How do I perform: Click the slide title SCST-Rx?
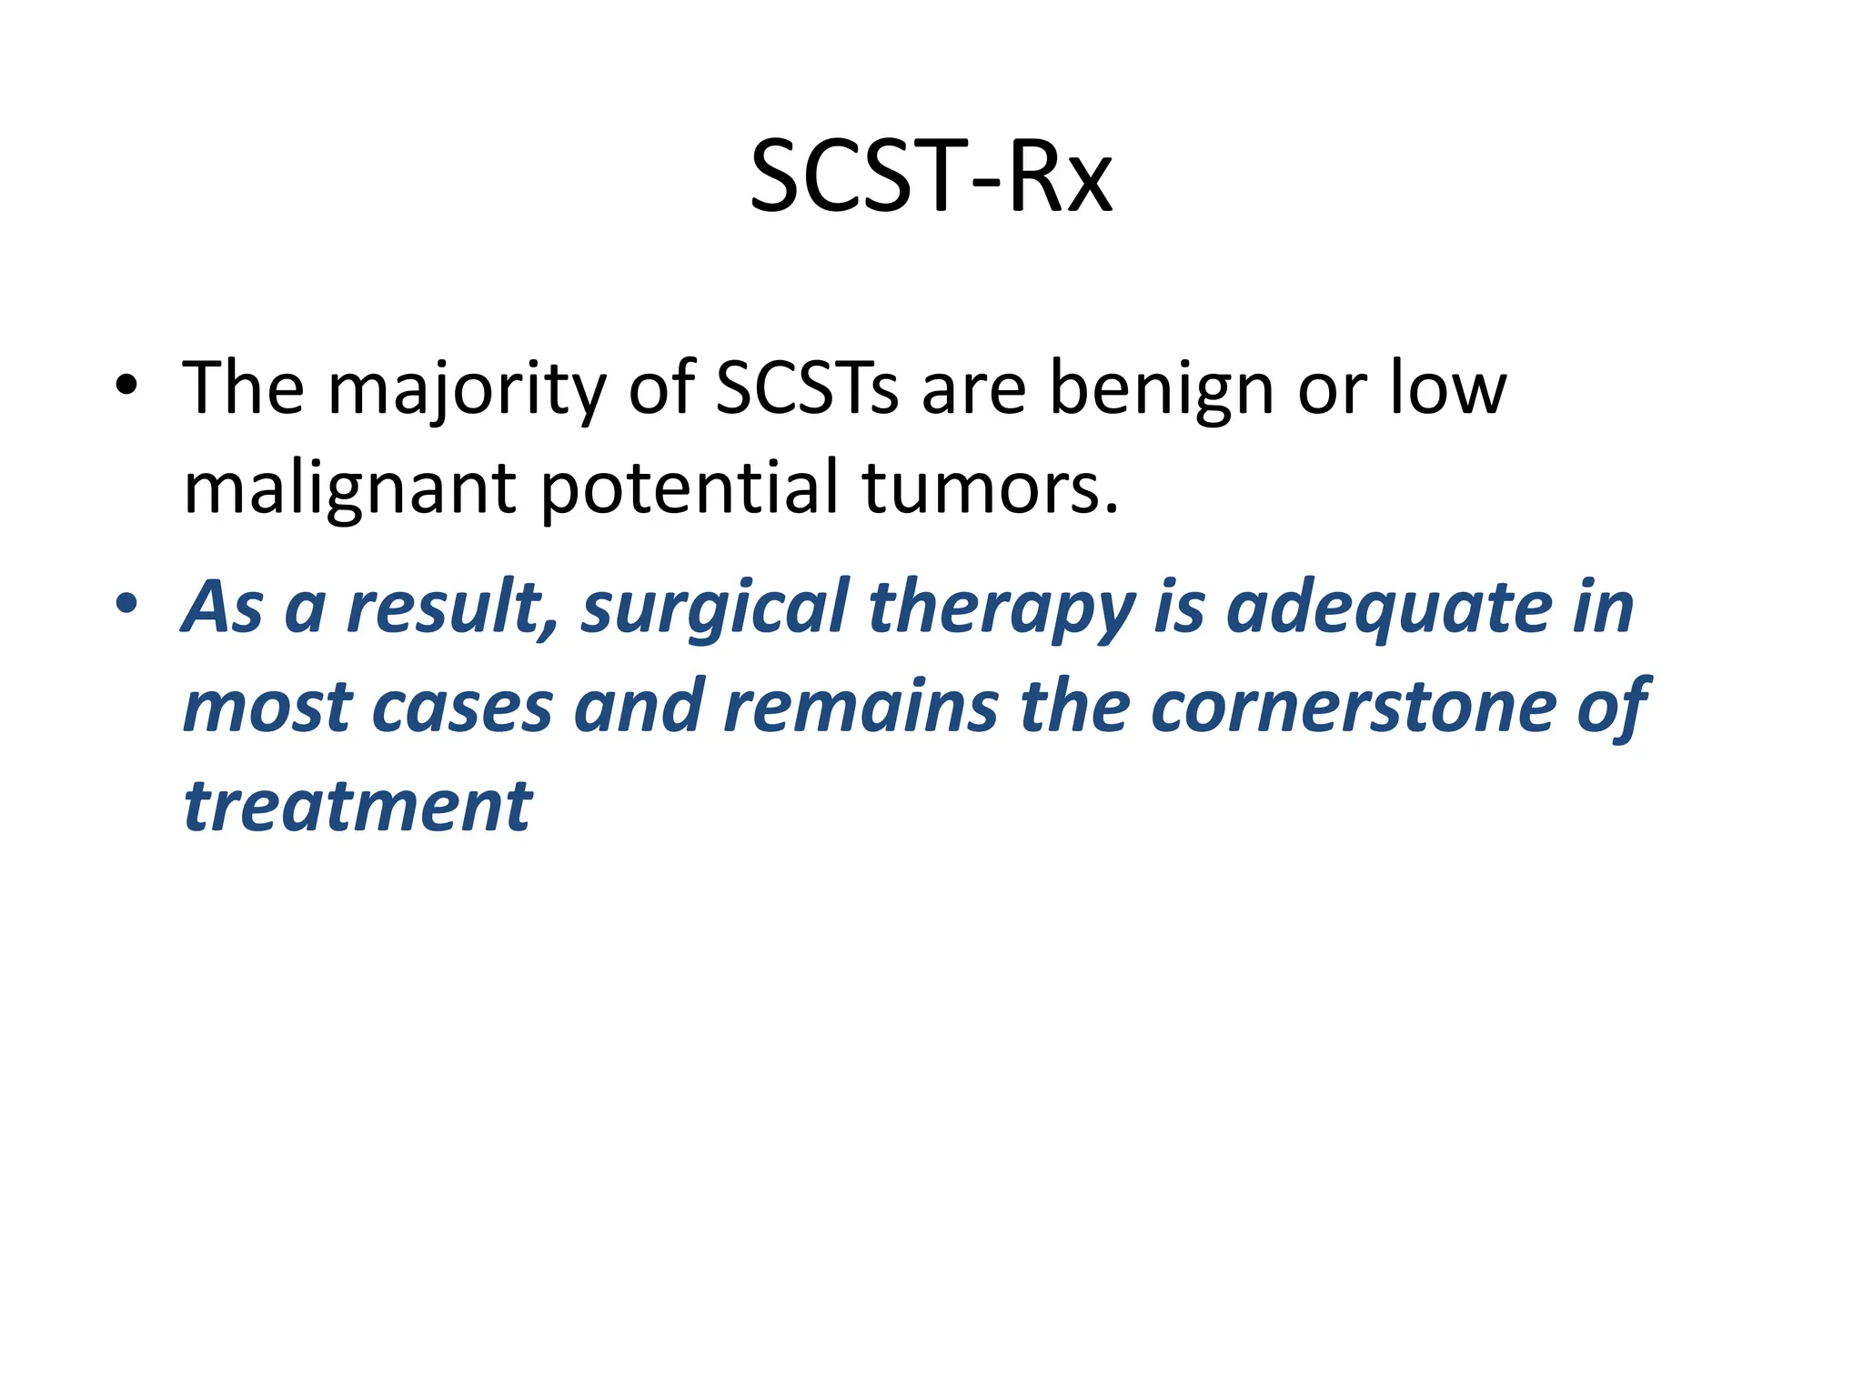point(931,176)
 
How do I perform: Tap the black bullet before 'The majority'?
point(126,386)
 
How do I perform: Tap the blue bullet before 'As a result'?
point(126,604)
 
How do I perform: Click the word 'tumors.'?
point(990,489)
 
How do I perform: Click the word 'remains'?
point(860,708)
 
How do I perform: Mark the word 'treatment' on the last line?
point(357,808)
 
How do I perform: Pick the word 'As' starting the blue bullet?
point(221,608)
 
